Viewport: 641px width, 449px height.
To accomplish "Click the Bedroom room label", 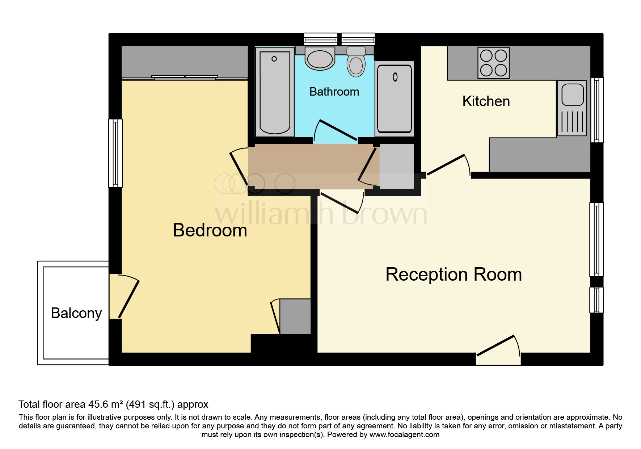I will (x=210, y=230).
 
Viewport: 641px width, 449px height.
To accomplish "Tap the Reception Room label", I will (x=454, y=274).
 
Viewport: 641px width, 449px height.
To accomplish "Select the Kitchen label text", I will (x=486, y=101).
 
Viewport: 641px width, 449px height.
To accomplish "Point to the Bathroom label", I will (x=334, y=92).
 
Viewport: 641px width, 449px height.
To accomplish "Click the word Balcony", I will (x=76, y=313).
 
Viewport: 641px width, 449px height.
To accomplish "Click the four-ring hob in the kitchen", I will (x=493, y=63).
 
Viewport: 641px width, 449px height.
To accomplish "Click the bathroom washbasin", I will (x=320, y=59).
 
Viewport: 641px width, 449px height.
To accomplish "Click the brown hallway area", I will (x=311, y=167).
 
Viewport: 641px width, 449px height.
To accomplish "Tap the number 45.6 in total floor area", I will (x=98, y=404).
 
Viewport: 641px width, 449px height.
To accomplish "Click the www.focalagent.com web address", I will (x=404, y=435).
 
